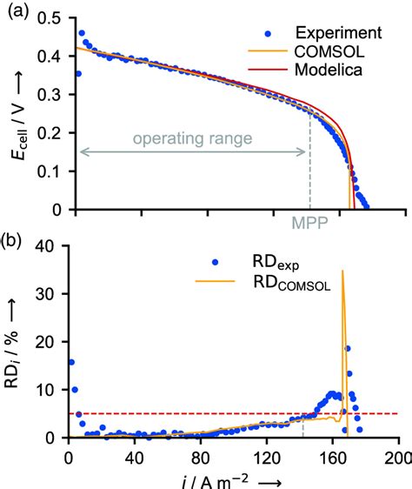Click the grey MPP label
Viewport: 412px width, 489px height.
point(309,224)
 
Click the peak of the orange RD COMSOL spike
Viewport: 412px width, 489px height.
point(342,271)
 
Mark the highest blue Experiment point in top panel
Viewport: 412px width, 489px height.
point(82,33)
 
